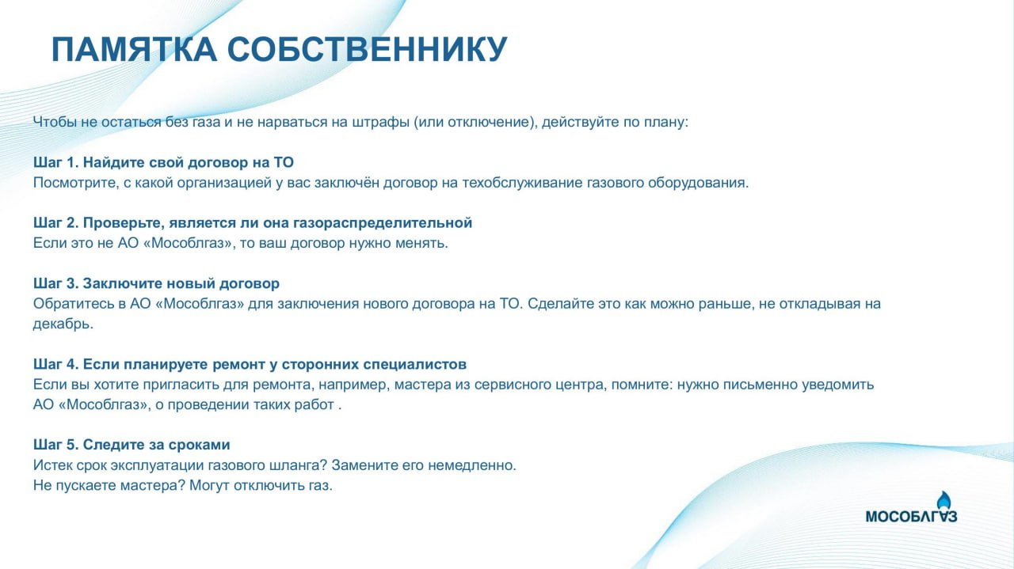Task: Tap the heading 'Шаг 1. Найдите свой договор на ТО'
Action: click(163, 162)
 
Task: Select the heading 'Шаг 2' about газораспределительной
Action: click(253, 223)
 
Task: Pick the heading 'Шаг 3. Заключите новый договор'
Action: click(156, 283)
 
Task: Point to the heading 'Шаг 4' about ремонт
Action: click(250, 364)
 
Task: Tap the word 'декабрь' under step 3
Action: click(63, 324)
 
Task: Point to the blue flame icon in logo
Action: click(943, 500)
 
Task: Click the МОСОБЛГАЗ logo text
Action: click(911, 517)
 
